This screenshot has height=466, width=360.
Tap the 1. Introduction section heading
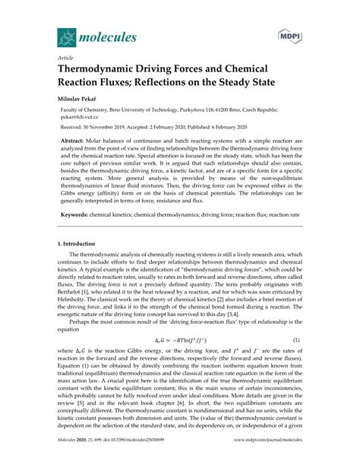(82, 243)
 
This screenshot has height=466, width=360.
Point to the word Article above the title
(65, 55)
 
